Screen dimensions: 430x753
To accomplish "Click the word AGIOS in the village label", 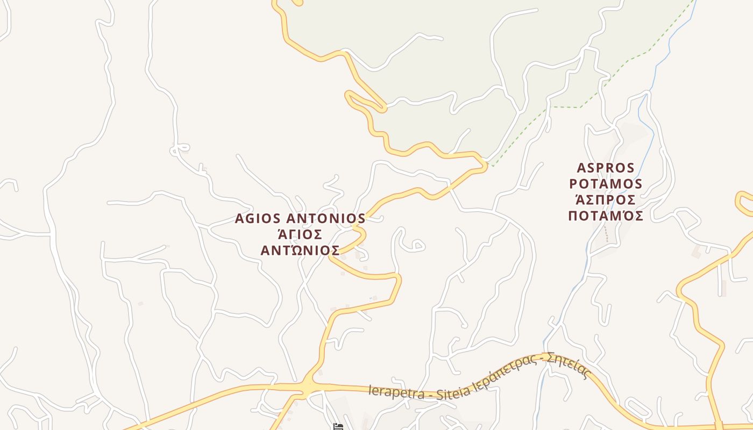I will point(258,219).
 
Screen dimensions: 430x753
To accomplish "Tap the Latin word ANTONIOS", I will point(325,219).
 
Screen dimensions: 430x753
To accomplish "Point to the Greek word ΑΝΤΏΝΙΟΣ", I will point(300,250).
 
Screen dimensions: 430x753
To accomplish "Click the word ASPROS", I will point(606,168).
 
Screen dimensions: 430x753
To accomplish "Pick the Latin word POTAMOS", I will point(606,184).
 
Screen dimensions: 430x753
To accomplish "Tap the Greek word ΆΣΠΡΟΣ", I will point(606,200).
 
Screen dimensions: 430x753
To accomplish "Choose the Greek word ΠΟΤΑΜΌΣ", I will point(606,216).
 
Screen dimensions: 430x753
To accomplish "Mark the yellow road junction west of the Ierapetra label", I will point(307,387).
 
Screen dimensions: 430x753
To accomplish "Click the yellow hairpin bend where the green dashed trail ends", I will point(484,164).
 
